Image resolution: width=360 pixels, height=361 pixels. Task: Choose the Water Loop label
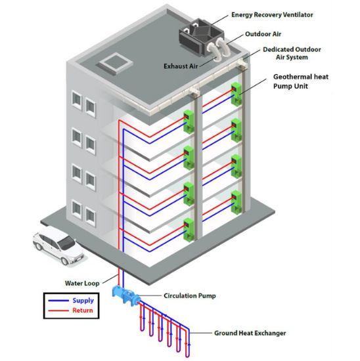82,284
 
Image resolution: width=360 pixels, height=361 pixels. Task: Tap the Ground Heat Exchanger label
250,333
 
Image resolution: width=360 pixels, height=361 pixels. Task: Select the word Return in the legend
82,310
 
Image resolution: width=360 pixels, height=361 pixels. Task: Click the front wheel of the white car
66,261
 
